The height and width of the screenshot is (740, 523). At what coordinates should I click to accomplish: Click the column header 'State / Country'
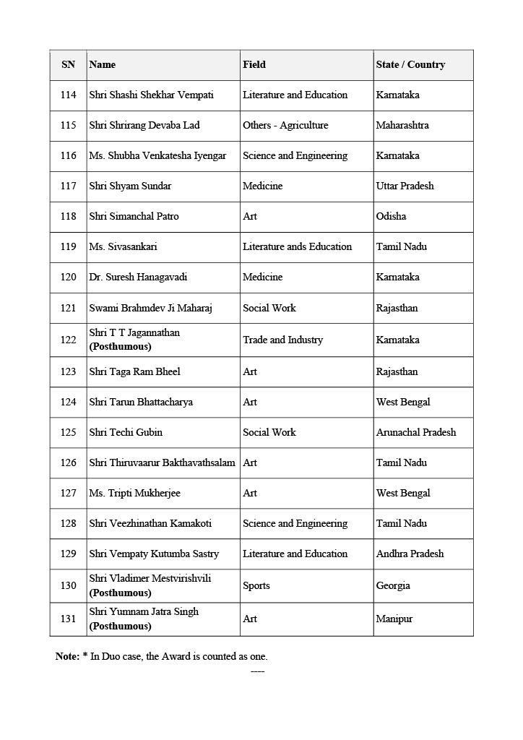point(410,65)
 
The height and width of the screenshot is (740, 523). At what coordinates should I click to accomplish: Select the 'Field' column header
point(254,65)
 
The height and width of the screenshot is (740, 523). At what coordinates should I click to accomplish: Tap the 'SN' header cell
point(68,65)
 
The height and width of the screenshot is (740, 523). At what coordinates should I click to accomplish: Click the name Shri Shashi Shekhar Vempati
point(151,95)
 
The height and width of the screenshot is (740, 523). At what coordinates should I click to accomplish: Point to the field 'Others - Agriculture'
point(285,126)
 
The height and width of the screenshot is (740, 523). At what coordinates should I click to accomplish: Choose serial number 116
point(68,156)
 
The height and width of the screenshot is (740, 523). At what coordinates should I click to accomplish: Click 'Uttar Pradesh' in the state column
point(405,186)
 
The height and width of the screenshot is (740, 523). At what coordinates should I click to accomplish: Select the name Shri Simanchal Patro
point(134,217)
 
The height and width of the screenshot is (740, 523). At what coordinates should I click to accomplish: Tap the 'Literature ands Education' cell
point(297,247)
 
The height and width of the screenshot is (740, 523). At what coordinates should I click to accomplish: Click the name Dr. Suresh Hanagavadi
point(138,277)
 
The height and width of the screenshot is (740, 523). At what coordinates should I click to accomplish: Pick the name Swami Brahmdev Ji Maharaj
point(147,309)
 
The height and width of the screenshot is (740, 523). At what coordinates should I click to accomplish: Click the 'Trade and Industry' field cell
point(282,340)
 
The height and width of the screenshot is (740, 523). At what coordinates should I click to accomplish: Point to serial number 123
point(68,372)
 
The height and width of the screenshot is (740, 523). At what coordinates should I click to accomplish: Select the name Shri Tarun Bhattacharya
point(141,403)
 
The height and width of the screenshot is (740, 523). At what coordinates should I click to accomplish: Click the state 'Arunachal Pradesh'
point(416,433)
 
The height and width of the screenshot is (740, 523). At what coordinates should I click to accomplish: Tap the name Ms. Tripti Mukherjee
point(134,494)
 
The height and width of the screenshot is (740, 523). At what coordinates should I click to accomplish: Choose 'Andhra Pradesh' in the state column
point(410,554)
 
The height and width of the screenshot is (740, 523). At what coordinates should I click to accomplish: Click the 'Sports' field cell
point(256,586)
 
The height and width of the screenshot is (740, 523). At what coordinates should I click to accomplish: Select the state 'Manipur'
point(394,619)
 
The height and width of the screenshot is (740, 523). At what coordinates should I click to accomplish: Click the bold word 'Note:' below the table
point(67,657)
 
